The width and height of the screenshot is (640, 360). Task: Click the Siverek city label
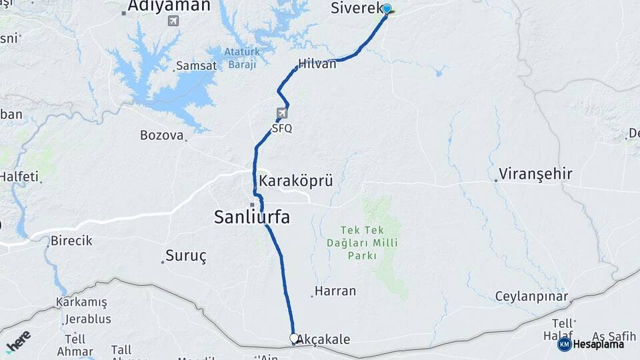[357, 9]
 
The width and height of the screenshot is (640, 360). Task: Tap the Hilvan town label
[317, 65]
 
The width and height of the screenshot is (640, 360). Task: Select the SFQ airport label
[282, 128]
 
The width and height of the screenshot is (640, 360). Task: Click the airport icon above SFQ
[283, 113]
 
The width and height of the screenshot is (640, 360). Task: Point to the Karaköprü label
[295, 181]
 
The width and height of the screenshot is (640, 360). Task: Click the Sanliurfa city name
[251, 217]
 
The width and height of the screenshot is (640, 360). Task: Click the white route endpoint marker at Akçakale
[294, 338]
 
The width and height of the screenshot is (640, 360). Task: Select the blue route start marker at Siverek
[387, 9]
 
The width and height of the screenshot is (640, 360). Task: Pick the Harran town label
[335, 291]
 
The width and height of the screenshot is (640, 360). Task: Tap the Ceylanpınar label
[531, 296]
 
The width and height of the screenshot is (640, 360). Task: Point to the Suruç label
[186, 255]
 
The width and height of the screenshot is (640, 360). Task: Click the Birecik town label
[71, 241]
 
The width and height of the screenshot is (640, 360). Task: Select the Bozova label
[161, 135]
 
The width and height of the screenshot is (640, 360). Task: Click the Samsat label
[195, 67]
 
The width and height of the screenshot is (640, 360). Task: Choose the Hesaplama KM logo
[591, 344]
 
